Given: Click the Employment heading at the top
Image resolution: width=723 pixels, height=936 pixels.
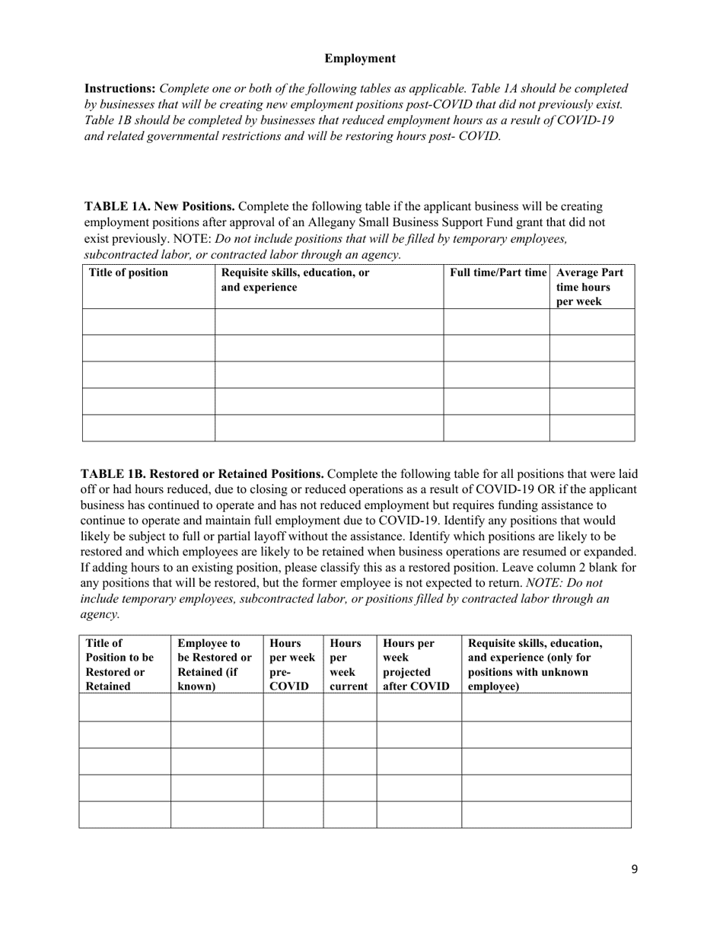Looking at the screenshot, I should pos(360,59).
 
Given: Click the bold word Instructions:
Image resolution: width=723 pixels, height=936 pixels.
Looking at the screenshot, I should pos(119,89).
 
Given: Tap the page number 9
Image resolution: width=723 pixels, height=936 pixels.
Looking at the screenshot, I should pos(634,870).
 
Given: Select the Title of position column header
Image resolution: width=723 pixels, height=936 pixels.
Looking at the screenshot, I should pos(129,273).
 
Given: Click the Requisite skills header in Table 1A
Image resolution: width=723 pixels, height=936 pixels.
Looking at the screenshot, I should pos(295,280).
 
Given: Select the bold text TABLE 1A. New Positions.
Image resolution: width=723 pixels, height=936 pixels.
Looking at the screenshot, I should pos(160,207).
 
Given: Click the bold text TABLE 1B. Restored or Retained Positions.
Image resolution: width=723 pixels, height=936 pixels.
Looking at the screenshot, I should pos(202,473).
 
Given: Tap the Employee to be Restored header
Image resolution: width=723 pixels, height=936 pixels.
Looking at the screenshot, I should pos(215,664).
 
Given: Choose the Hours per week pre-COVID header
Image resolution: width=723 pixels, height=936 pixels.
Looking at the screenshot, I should pos(291,664).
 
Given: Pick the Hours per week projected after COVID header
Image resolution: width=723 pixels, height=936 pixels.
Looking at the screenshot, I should pos(416,664).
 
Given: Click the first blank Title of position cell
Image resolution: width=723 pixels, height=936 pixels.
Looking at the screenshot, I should pos(148,322).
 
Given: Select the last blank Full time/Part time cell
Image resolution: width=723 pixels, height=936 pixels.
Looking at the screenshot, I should pos(496,428).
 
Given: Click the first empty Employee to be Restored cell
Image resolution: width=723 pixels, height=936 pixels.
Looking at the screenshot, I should pos(216,707).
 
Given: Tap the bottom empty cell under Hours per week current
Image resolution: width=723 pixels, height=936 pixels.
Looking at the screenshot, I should pos(349,814).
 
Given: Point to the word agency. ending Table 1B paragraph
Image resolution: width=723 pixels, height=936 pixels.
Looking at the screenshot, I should pos(100,615).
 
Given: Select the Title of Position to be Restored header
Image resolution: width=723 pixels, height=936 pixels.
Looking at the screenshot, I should pos(120,664).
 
